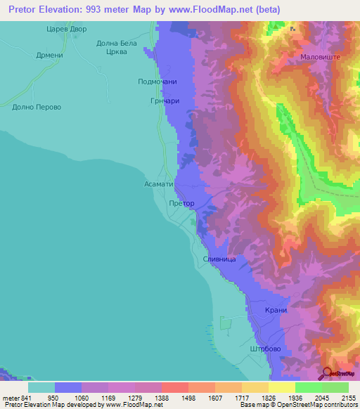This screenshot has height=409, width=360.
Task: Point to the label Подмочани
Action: click(x=156, y=82)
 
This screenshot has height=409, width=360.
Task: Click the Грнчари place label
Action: click(x=162, y=100)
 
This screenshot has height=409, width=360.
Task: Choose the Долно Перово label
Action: click(x=37, y=108)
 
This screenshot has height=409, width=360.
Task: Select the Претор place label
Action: click(x=181, y=203)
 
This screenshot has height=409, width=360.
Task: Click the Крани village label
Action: click(x=276, y=311)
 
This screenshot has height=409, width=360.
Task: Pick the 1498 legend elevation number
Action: click(x=174, y=398)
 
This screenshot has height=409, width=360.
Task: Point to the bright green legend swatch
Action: click(x=308, y=387)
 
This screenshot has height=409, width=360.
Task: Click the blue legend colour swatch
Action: click(x=68, y=387)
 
